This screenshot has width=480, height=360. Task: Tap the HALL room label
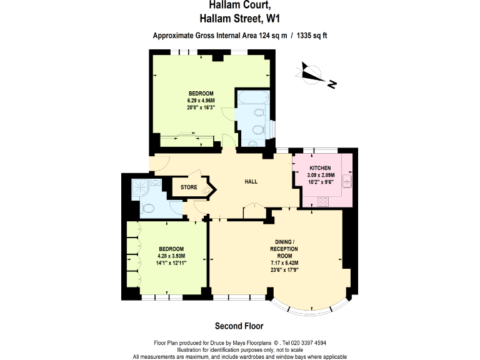[251, 182]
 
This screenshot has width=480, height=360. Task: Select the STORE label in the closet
[189, 187]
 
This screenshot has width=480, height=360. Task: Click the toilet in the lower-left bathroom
[148, 209]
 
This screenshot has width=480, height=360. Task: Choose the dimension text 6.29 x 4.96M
[201, 101]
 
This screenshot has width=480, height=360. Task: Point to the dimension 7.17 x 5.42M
[284, 263]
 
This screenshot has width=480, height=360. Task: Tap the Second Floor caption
[239, 326]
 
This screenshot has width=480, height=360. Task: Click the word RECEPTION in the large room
[284, 249]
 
